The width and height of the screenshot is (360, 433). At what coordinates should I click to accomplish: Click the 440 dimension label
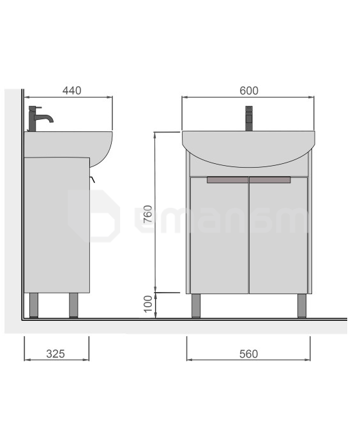point(72,91)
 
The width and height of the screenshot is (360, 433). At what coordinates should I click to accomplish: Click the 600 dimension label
point(249,91)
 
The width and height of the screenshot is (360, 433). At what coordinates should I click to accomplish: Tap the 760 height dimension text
point(148,214)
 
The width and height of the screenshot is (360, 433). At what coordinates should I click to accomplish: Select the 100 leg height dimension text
point(148,304)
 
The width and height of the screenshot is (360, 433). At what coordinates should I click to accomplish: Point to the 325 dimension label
point(56,354)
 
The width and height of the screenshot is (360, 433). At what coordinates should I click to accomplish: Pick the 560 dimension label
point(248,354)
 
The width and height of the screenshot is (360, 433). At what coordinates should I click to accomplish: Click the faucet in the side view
point(39,118)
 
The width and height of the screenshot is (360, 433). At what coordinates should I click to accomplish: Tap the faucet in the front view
point(249,118)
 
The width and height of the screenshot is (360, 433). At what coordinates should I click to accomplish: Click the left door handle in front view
point(228,180)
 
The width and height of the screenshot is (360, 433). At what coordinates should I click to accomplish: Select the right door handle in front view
point(270,180)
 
